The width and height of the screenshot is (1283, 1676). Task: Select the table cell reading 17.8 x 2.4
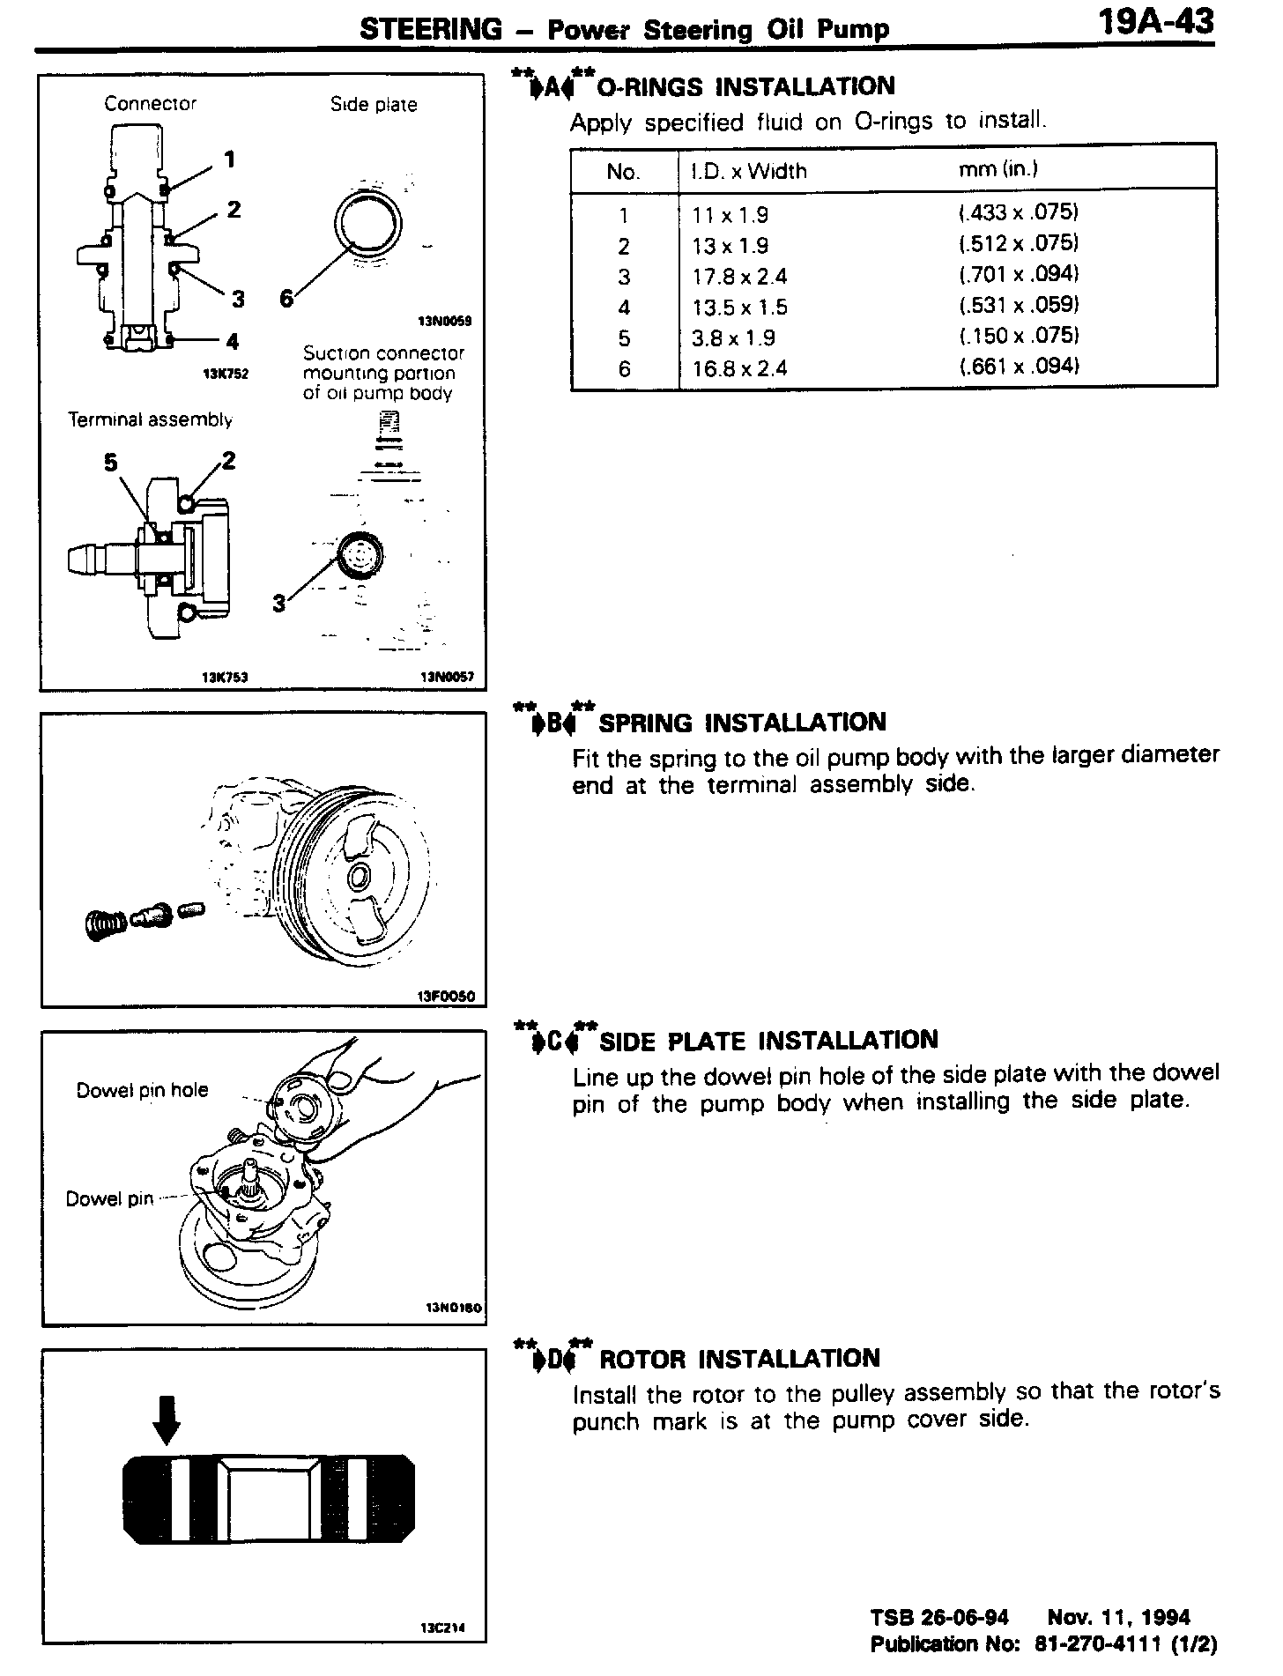pos(739,277)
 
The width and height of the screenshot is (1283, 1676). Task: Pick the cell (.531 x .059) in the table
pos(1019,306)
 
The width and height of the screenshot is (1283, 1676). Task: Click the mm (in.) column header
pos(997,169)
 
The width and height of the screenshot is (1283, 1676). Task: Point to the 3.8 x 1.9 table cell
pos(734,337)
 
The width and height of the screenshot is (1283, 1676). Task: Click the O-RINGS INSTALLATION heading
pos(745,87)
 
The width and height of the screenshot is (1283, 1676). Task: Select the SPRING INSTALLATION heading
pos(742,723)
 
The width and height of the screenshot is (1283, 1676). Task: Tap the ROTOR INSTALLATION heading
pos(740,1359)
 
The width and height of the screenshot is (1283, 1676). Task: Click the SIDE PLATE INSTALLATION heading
pos(768,1041)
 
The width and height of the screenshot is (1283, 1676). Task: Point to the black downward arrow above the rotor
pos(166,1421)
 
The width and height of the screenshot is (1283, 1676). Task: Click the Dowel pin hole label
pos(142,1090)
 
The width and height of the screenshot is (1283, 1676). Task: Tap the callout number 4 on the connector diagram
pos(232,341)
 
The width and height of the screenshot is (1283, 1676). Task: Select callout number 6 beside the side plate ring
pos(285,299)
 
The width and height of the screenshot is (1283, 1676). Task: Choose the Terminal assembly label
pos(150,420)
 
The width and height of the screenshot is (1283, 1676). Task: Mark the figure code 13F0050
pos(446,997)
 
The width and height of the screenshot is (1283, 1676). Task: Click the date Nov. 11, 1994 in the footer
pos(1118,1617)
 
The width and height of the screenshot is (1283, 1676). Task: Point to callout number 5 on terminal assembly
pos(111,463)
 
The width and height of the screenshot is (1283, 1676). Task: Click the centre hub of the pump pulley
pos(358,877)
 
